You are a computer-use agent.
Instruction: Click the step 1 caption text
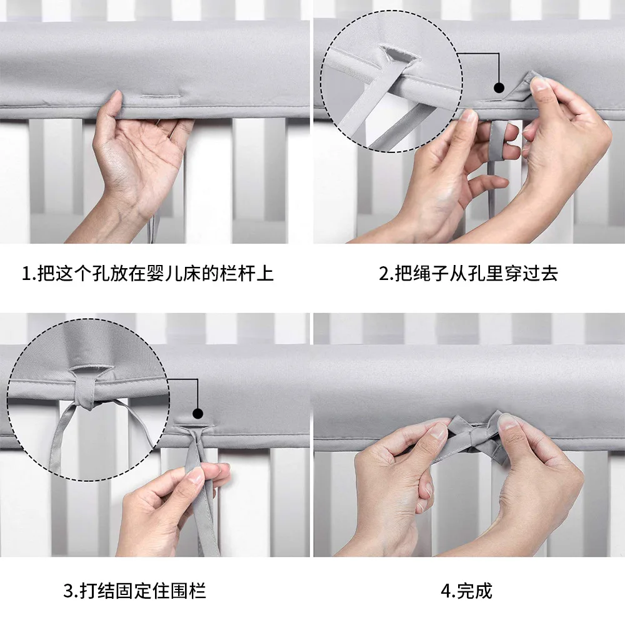tap(147, 274)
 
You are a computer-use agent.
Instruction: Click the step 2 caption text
tap(468, 274)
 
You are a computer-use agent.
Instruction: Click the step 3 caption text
tap(135, 591)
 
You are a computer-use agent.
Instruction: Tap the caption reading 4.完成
tap(466, 591)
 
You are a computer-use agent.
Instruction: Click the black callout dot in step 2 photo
tap(499, 87)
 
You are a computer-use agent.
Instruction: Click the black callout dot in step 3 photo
tap(197, 413)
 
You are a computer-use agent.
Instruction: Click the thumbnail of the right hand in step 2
tap(539, 84)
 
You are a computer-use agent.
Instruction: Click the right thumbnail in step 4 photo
tap(507, 421)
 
